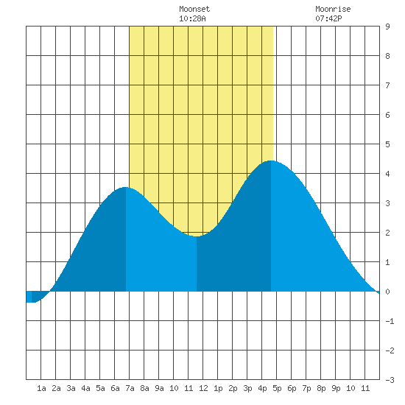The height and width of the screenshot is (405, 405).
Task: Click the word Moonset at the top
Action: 194,9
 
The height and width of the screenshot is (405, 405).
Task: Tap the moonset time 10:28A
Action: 192,18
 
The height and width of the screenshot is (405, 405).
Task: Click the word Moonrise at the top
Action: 333,9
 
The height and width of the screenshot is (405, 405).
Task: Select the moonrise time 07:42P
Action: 328,18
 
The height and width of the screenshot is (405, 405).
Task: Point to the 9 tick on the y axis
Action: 387,27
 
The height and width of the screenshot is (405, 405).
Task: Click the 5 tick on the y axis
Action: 387,144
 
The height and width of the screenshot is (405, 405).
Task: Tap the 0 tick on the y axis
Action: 387,292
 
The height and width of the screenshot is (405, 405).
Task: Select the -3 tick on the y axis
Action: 390,380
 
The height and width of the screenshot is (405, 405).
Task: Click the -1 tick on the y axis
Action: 390,321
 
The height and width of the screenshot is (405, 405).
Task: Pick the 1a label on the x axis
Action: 41,388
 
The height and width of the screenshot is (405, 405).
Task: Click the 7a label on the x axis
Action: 130,388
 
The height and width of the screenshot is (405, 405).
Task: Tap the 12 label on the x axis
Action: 203,388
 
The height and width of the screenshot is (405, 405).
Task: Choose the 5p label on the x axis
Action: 277,388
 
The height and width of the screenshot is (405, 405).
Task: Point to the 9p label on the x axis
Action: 336,388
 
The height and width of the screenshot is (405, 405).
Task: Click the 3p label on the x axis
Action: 247,388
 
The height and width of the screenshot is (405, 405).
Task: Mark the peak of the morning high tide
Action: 125,187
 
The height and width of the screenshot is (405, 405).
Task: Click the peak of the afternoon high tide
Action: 271,161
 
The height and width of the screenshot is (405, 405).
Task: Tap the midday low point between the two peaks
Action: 197,236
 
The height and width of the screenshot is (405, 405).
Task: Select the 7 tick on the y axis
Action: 387,85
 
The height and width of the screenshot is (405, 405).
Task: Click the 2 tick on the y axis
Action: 387,233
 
